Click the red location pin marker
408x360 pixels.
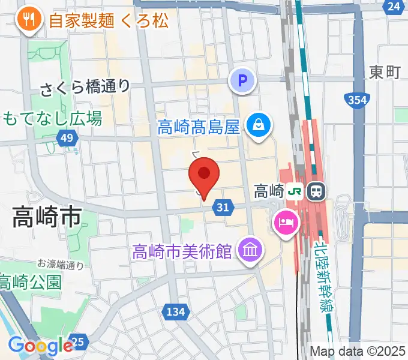click(204, 174)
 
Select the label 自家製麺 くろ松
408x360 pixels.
click(108, 22)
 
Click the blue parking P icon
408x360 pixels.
click(243, 80)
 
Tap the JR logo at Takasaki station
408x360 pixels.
click(296, 191)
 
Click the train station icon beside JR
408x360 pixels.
click(315, 191)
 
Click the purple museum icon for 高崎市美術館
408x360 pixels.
click(248, 250)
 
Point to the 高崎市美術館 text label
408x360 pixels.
click(182, 251)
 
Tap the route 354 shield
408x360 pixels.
click(356, 101)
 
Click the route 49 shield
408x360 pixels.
click(68, 139)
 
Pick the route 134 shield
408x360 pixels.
click(175, 311)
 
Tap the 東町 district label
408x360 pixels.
click(385, 73)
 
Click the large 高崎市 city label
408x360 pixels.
click(47, 218)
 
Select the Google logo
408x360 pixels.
click(40, 346)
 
